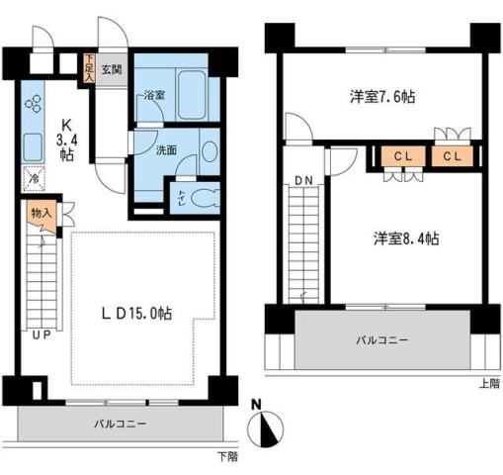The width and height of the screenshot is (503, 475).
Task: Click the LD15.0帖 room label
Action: point(136,313)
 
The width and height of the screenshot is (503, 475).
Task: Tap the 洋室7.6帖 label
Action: point(381,97)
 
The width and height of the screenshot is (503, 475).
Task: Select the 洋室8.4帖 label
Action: point(405,238)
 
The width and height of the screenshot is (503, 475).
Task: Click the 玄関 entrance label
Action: point(111,70)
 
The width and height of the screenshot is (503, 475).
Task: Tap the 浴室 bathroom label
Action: point(152,97)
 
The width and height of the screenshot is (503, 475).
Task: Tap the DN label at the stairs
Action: point(301,181)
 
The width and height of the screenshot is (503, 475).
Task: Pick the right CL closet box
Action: point(451,157)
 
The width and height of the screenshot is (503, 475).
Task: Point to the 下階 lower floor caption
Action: point(227,457)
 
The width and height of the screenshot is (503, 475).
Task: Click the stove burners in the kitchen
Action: point(34,102)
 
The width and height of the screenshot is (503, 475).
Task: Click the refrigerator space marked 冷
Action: point(33,180)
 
